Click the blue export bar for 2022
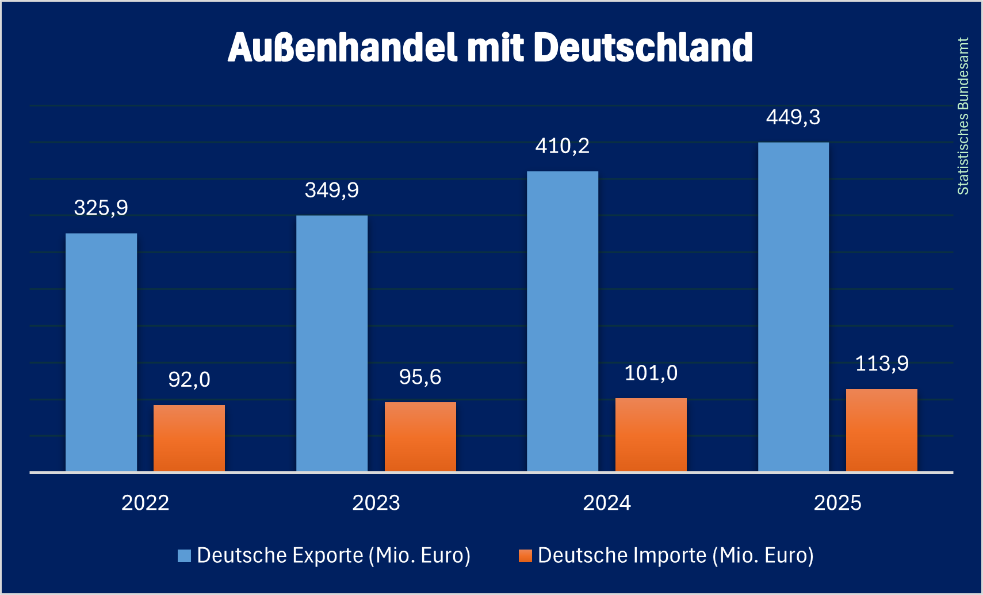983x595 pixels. pos(101,352)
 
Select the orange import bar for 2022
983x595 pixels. pos(189,438)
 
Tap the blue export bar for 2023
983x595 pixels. pos(332,344)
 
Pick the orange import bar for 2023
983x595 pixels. pos(420,437)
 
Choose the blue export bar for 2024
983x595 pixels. pos(563,321)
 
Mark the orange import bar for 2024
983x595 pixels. pos(651,435)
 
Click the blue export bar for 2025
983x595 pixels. pos(793,307)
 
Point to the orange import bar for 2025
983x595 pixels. pos(882,430)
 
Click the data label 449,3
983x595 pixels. pos(793,117)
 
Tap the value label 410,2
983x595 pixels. pos(563,146)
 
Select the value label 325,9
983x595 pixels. pos(101,208)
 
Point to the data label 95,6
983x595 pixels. pos(420,377)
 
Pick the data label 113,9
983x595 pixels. pos(882,364)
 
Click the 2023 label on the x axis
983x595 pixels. pos(376,503)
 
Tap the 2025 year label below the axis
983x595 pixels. pos(837,503)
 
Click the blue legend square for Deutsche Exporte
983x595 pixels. pos(184,556)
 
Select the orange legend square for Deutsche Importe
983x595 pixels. pos(525,556)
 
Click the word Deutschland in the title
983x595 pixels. pos(643,47)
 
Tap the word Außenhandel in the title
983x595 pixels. pos(343,47)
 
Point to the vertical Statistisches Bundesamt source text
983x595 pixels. pos(963,116)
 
